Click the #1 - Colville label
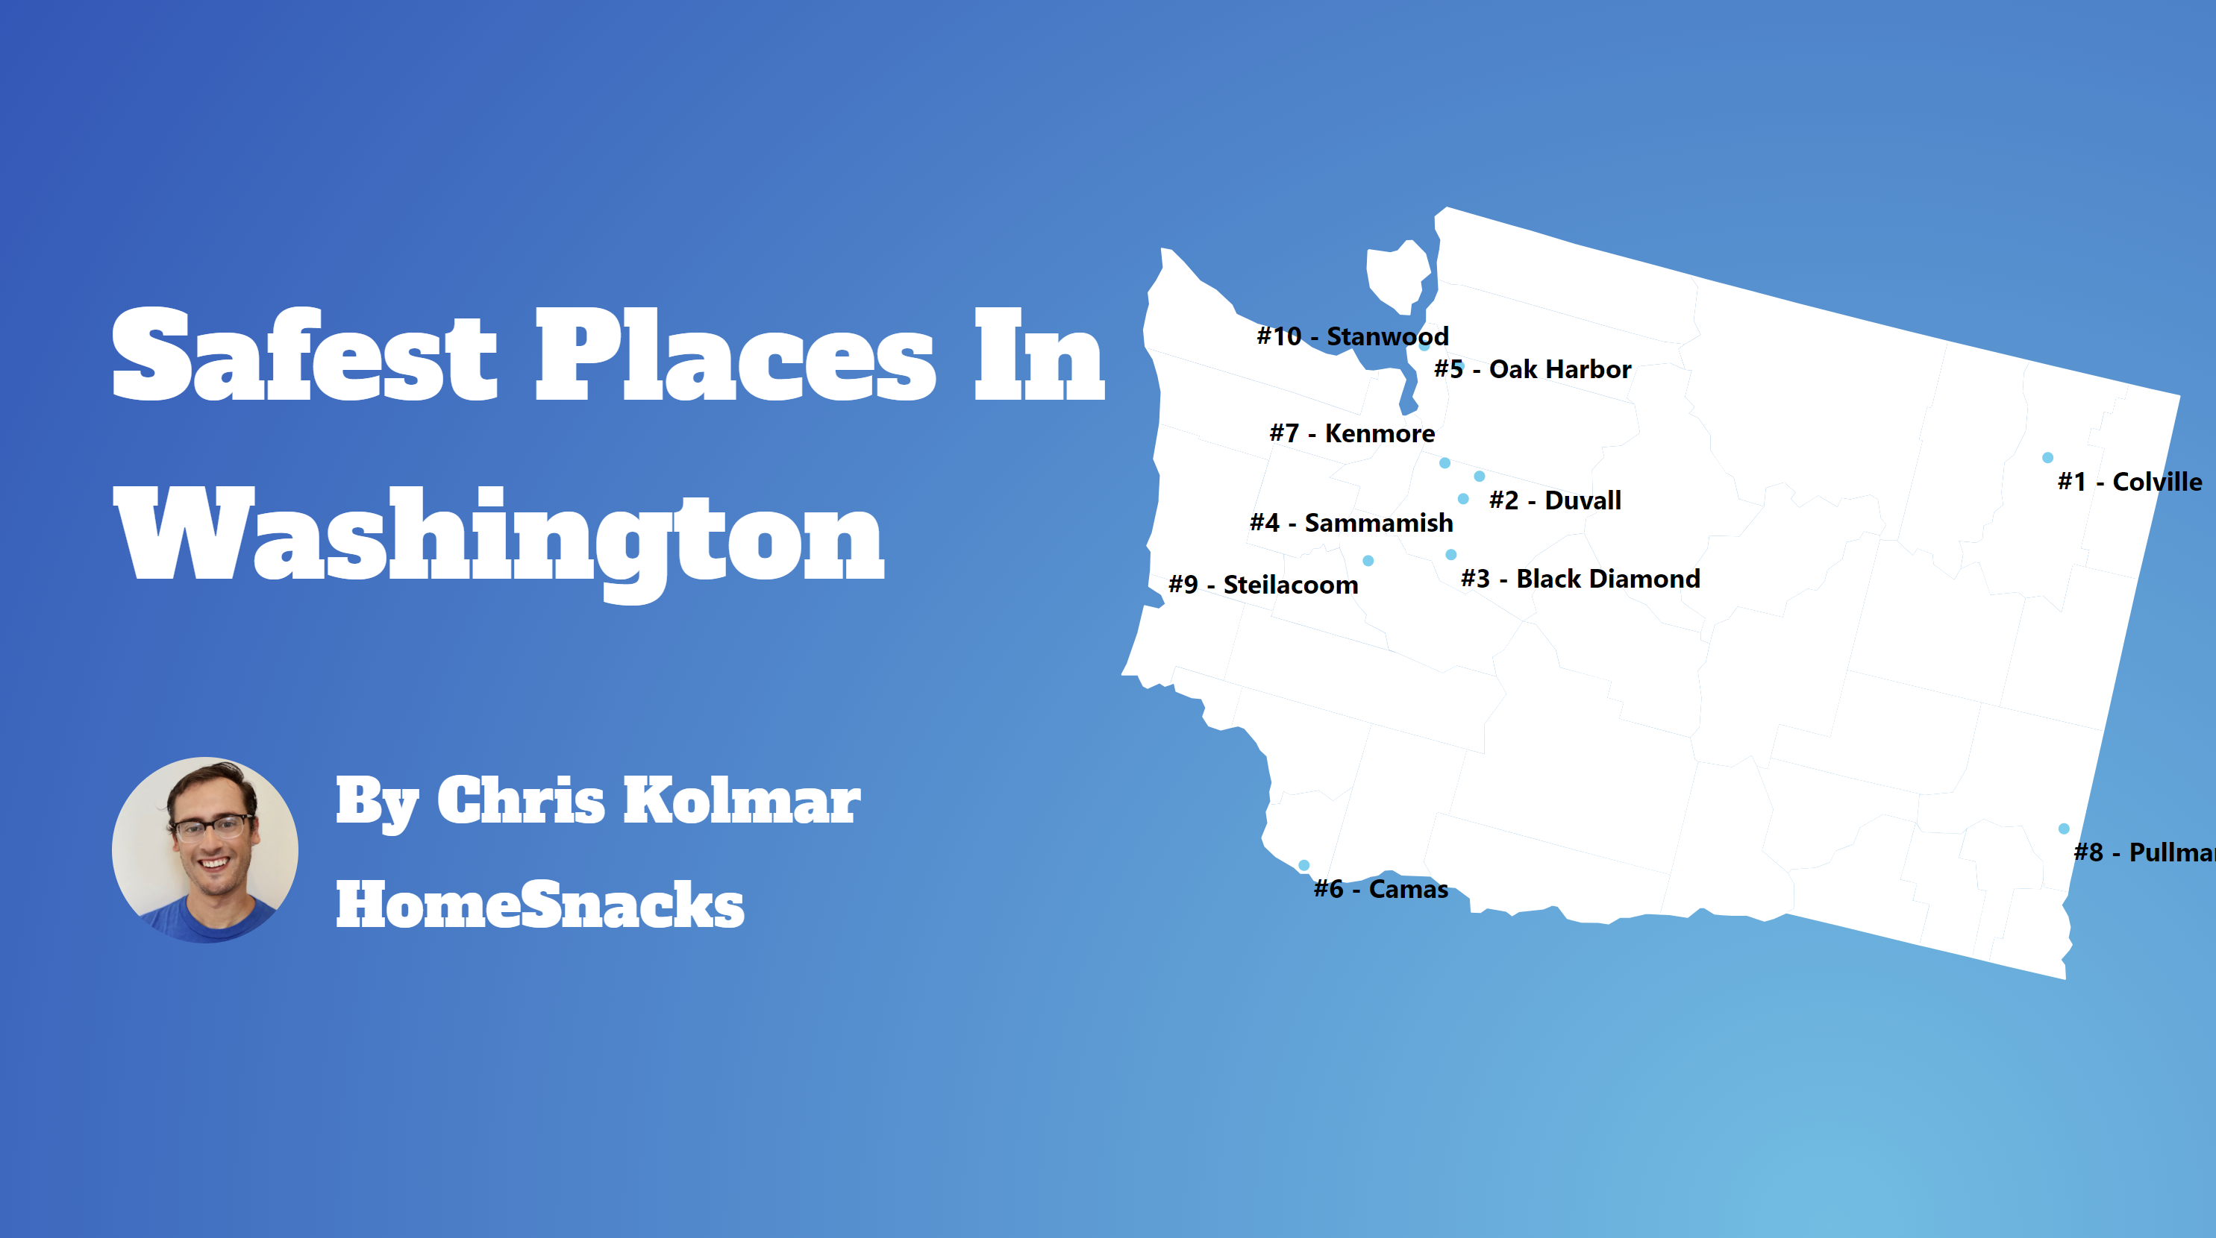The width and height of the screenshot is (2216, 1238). point(2129,483)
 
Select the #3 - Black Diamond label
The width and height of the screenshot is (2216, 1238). point(1580,579)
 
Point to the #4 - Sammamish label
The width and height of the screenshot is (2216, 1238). point(1350,523)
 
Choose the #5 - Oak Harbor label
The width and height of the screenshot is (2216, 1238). point(1532,370)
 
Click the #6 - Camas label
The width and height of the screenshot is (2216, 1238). point(1380,889)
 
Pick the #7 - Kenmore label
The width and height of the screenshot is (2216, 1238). point(1351,433)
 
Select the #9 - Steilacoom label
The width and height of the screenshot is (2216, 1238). point(1263,585)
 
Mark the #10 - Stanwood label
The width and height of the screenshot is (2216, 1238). point(1352,336)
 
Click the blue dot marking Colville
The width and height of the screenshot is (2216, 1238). point(2047,457)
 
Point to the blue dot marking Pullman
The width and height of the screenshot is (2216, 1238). point(2064,829)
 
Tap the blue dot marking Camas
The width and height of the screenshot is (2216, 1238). point(1304,865)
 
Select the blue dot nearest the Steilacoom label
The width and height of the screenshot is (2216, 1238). point(1368,561)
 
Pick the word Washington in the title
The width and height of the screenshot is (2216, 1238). point(499,537)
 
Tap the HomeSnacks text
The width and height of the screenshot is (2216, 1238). point(539,905)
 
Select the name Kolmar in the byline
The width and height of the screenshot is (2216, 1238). point(741,800)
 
